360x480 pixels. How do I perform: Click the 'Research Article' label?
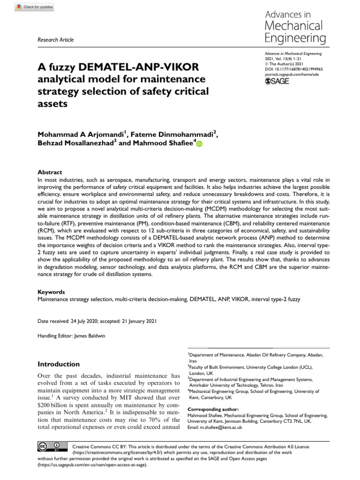coord(55,40)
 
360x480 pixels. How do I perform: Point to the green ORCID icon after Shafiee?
coord(199,144)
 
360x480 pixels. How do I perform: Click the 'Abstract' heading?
coord(49,172)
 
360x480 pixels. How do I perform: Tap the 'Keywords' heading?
coord(51,292)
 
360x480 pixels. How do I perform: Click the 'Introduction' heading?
coord(59,364)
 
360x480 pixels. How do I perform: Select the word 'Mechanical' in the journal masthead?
coord(294,25)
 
